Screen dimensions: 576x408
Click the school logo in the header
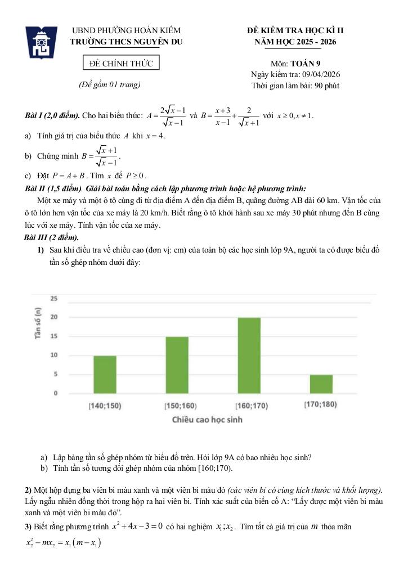(42, 42)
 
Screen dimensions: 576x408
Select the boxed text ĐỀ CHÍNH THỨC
(122, 63)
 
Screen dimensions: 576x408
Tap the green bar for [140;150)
(105, 375)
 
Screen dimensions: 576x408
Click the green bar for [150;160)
(177, 365)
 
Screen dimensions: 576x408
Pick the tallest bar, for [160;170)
(249, 355)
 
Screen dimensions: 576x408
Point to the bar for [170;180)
(321, 384)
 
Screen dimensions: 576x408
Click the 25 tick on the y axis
(53, 298)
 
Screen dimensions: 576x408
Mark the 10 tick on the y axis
(53, 355)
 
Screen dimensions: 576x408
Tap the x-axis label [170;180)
(320, 404)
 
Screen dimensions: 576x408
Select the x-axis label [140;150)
(105, 406)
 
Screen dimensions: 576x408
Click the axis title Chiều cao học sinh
(211, 420)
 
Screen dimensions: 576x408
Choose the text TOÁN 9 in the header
(306, 64)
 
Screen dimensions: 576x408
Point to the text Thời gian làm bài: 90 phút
(295, 86)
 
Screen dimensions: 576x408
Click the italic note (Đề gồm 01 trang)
(110, 85)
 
